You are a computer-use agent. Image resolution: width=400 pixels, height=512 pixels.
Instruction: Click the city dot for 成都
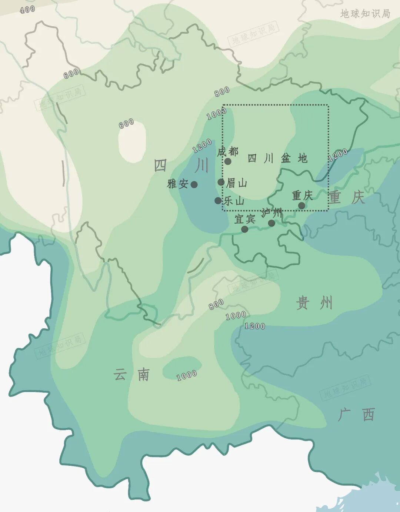point(228,161)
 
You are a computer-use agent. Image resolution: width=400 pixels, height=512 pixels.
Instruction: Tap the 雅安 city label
point(178,184)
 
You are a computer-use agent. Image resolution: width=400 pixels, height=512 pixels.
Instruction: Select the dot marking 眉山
point(221,182)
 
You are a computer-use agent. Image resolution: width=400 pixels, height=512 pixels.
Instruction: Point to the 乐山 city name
point(234,201)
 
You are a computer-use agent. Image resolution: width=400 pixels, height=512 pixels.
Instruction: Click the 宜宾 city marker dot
point(244,229)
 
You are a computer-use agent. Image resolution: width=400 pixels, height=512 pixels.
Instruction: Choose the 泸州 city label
point(271,213)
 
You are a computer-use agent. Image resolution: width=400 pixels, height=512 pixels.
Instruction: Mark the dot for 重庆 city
point(301,205)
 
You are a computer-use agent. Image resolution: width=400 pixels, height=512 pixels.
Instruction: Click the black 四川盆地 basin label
point(277,158)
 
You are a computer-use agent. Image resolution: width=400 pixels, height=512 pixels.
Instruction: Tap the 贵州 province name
point(314,303)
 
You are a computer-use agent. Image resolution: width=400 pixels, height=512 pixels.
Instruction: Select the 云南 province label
point(131,375)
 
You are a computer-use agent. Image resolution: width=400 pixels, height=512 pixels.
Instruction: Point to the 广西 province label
point(356,415)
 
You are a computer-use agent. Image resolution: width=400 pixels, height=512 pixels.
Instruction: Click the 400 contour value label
point(27,10)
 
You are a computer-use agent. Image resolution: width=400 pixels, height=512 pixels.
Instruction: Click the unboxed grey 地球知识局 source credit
point(365,14)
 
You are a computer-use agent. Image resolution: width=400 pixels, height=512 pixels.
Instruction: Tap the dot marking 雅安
point(194,184)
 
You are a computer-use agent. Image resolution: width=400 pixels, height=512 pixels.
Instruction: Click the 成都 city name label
point(227,151)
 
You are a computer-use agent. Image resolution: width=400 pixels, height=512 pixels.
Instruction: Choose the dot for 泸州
point(271,223)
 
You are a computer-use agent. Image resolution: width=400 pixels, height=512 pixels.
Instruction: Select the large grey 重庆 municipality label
point(347,197)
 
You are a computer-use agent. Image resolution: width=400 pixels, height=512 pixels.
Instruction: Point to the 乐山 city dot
point(218,201)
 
